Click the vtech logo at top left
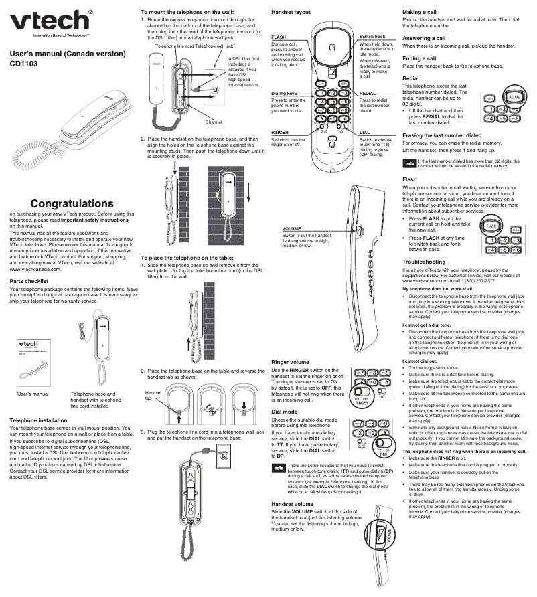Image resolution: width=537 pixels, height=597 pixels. tap(51, 21)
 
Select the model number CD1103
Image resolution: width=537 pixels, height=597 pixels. tap(23, 65)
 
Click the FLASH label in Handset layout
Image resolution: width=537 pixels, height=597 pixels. tap(279, 37)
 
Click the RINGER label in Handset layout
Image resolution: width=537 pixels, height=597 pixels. tap(280, 133)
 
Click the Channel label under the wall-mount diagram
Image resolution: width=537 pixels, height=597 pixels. tap(214, 122)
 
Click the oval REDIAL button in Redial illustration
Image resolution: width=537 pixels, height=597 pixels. tap(512, 97)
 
